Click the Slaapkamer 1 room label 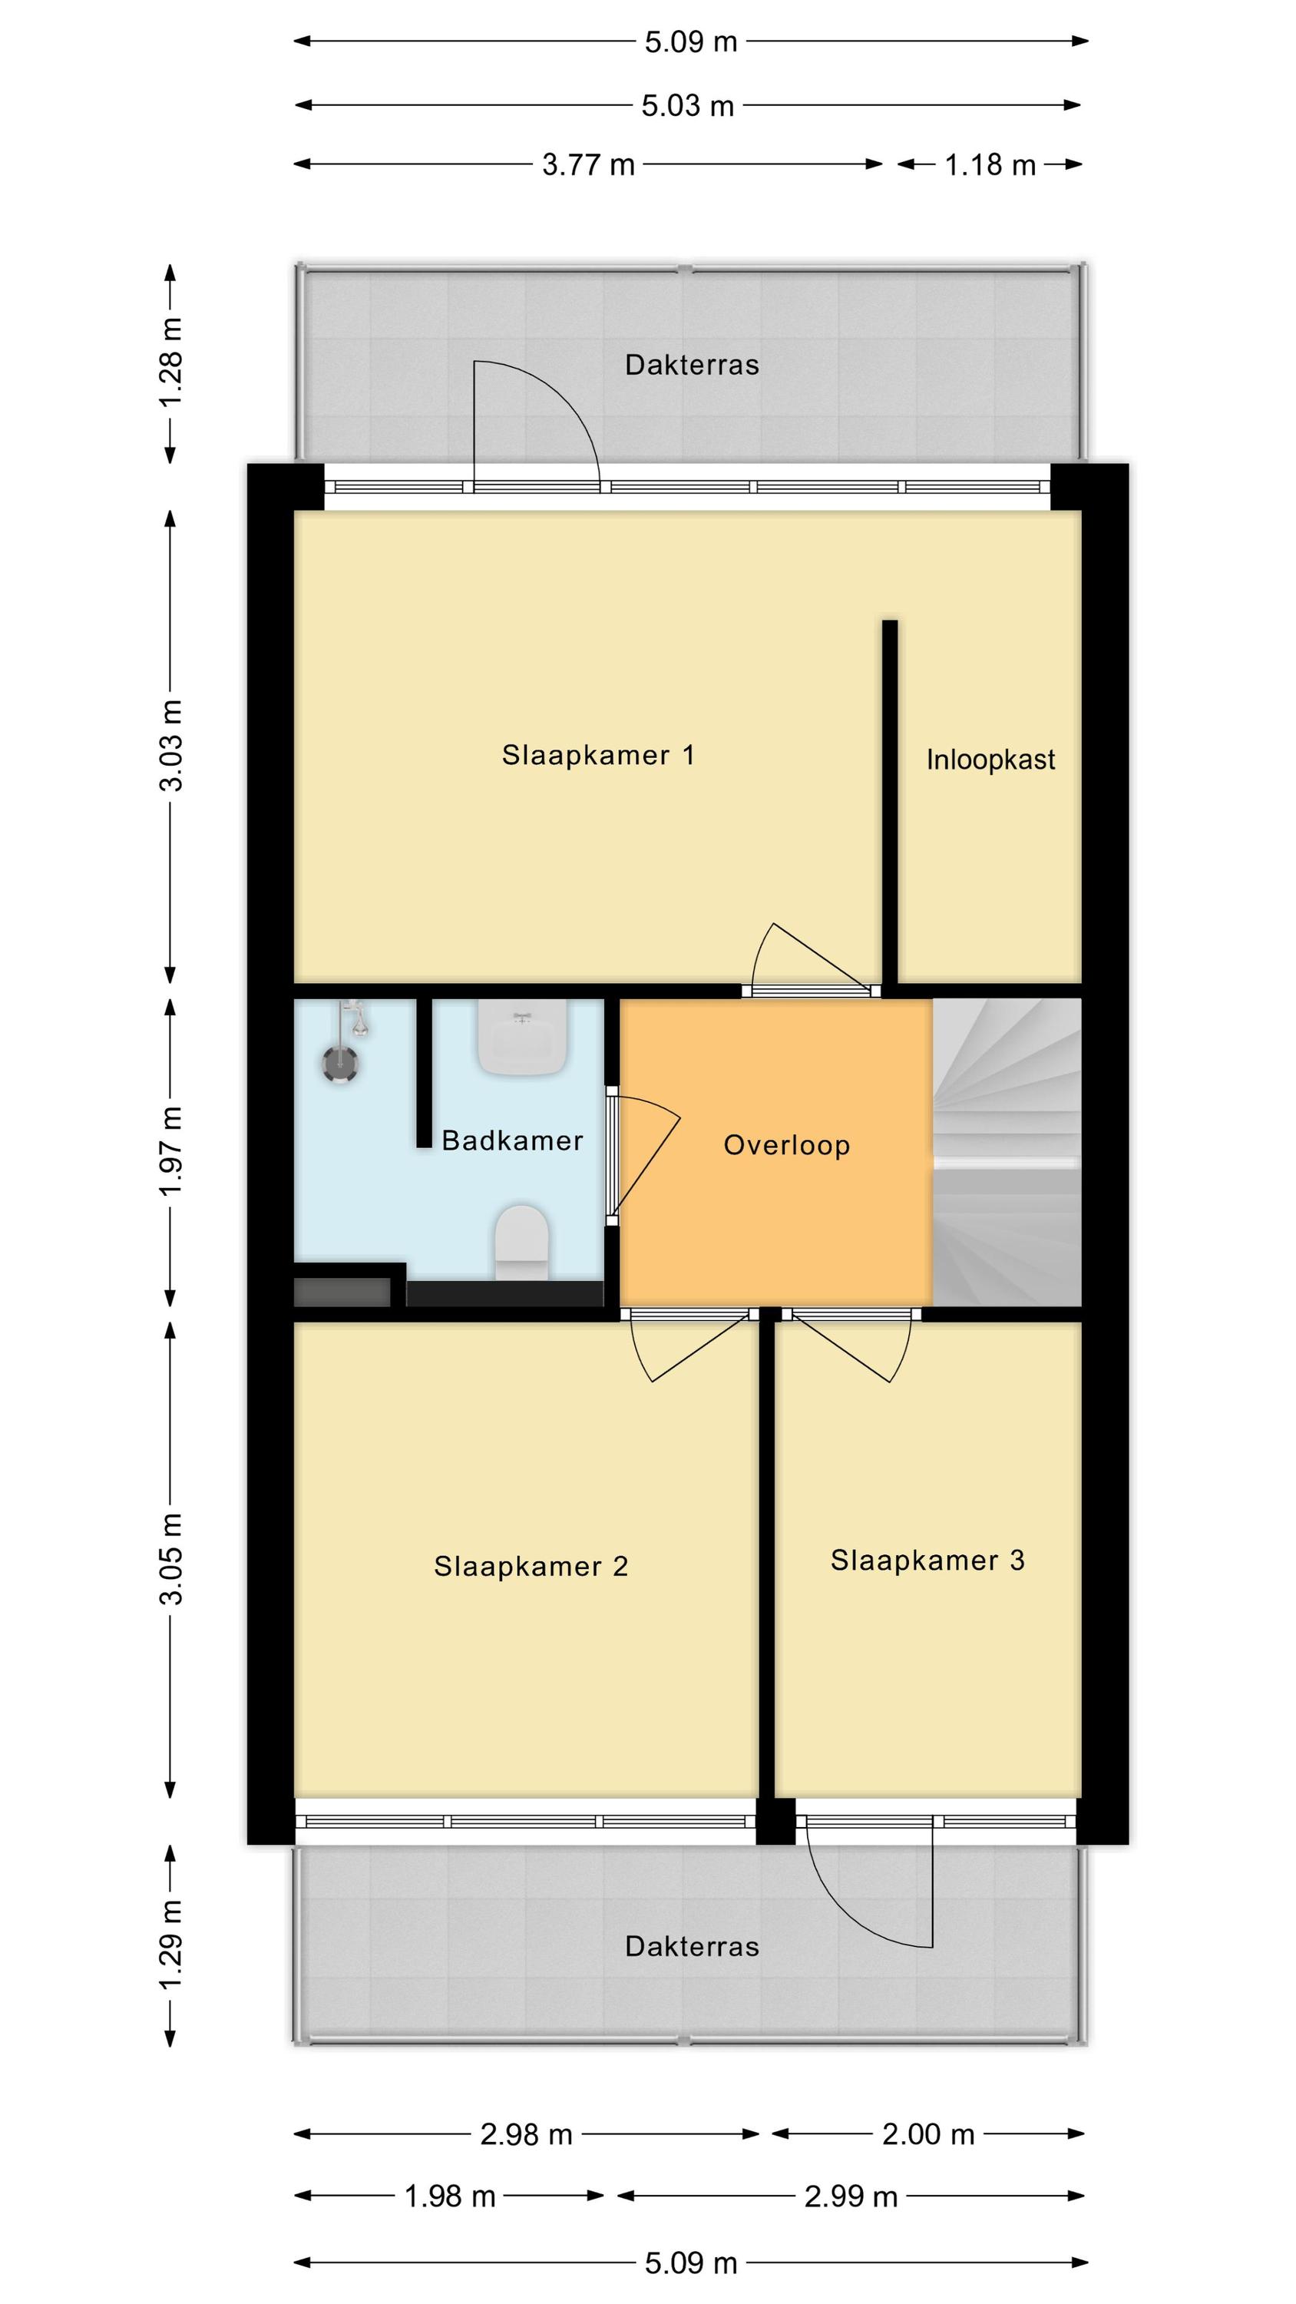(x=597, y=755)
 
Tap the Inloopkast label (x=990, y=760)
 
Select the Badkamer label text (x=513, y=1140)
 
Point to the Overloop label (x=786, y=1145)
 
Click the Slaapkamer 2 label (x=531, y=1566)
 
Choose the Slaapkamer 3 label (x=927, y=1560)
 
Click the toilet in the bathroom (x=522, y=1243)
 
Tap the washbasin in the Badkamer (x=522, y=1037)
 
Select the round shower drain (x=341, y=1064)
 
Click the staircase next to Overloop (x=1007, y=1152)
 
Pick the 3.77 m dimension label (x=587, y=164)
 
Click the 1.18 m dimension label (x=990, y=164)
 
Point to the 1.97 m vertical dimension (x=170, y=1151)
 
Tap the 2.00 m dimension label (x=927, y=2134)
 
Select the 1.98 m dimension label (x=450, y=2196)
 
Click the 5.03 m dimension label (x=687, y=105)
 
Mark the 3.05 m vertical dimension (x=170, y=1560)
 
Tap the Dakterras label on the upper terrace (x=691, y=365)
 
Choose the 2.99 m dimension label (x=850, y=2196)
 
